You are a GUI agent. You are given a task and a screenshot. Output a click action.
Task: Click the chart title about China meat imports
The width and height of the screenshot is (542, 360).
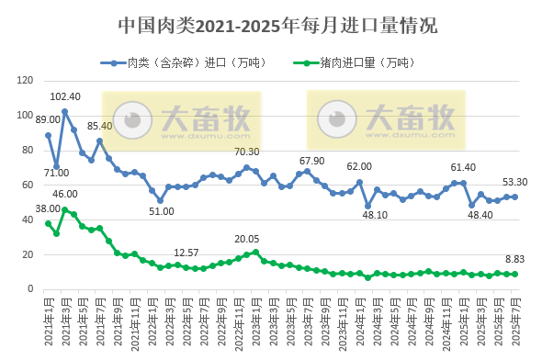pos(271,26)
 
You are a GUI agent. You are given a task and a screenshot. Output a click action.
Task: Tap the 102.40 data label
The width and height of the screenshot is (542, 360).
pos(65,97)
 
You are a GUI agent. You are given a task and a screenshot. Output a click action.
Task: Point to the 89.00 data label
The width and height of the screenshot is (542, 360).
pos(48,120)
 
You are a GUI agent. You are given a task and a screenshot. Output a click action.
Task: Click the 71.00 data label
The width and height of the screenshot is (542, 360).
pos(56,173)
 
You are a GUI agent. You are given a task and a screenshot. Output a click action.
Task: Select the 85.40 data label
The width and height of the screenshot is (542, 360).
pos(100,126)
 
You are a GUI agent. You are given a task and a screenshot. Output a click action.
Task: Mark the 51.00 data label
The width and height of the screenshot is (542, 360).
pos(162,211)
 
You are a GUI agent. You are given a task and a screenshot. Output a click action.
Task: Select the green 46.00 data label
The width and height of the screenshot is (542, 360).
pos(65,194)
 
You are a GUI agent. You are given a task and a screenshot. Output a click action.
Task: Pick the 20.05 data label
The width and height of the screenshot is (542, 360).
pos(248,239)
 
